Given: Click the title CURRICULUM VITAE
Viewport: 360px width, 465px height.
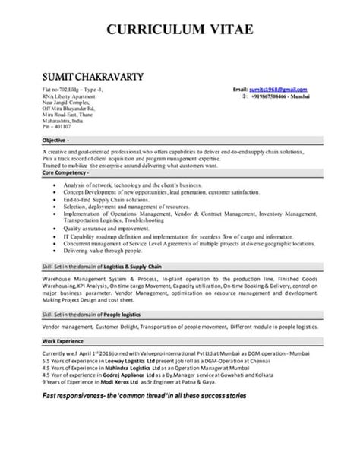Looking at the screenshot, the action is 179,31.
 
